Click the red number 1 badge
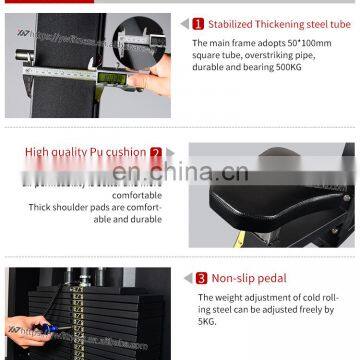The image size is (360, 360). [x=198, y=23]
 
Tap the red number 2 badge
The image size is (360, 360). [x=156, y=153]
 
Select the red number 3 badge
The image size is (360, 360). [x=201, y=279]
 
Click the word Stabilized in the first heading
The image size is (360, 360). [x=236, y=23]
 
